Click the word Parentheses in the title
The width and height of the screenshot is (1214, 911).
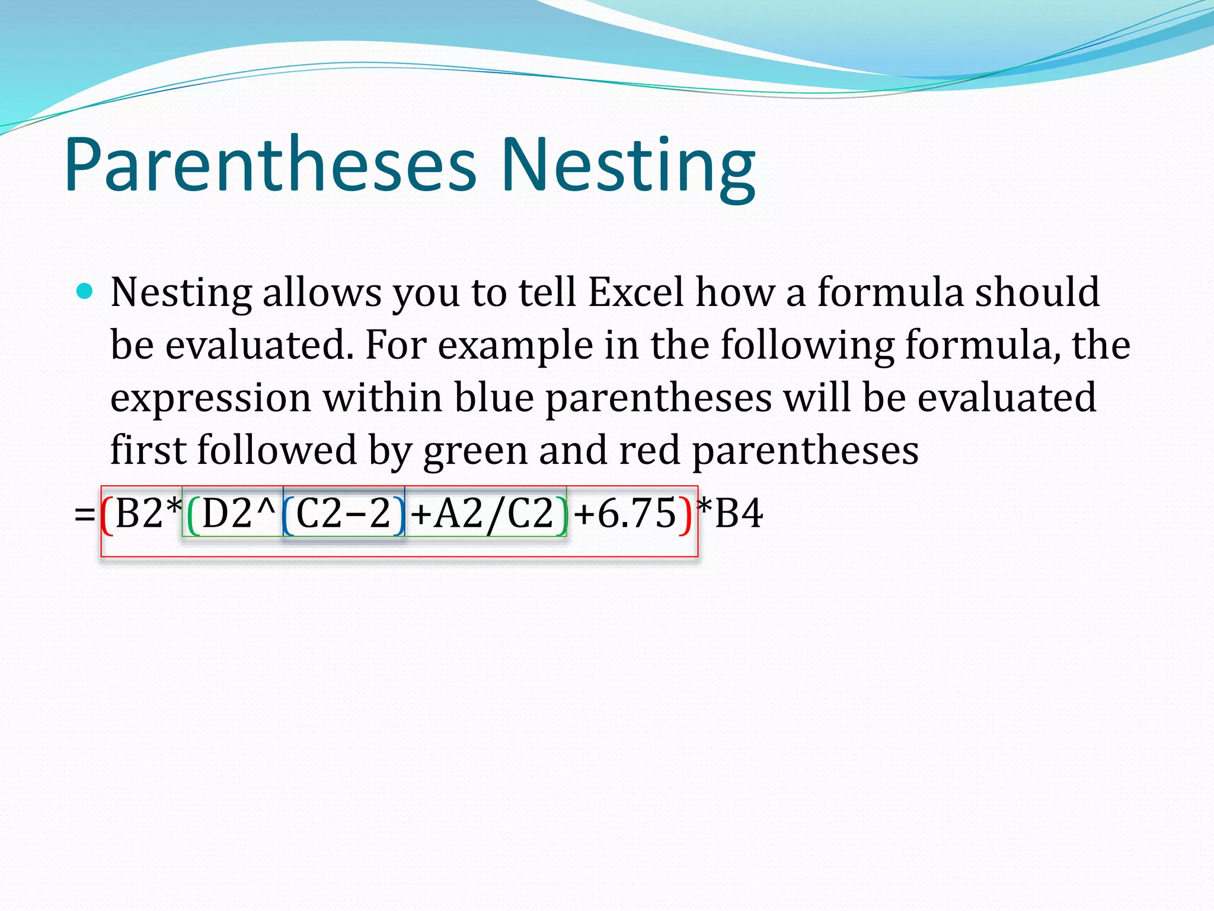pos(270,166)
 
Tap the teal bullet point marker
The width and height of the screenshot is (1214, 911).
pos(85,291)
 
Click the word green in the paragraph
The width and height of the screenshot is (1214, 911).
pos(475,451)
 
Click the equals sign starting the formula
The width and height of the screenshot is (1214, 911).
pos(85,514)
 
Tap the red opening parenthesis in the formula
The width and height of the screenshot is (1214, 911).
pos(107,514)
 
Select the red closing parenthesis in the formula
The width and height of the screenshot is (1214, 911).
pos(685,514)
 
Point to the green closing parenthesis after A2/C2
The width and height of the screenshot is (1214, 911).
pos(561,514)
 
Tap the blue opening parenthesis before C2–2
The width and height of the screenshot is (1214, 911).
pos(288,514)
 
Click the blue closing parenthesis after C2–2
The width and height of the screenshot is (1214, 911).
pos(398,514)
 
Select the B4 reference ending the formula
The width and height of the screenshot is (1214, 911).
pos(739,514)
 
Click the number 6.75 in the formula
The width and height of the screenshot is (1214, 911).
pos(637,514)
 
